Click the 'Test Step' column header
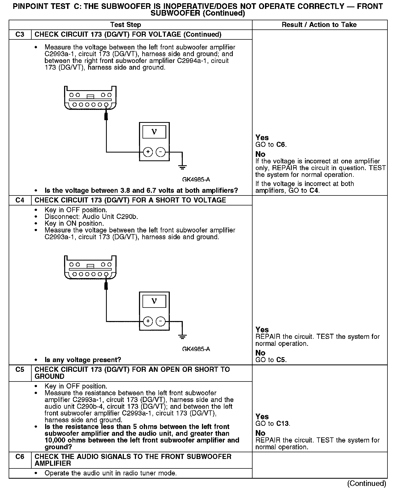tap(126, 25)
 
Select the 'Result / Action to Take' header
tap(319, 25)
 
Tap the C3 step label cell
tap(20, 35)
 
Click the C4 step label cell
tap(20, 200)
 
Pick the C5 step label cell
tap(20, 370)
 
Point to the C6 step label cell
tap(20, 457)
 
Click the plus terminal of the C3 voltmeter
tap(148, 152)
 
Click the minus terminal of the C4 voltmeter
tap(161, 321)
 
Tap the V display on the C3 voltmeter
tap(154, 132)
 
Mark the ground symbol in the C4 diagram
tap(183, 337)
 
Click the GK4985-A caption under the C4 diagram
tap(196, 349)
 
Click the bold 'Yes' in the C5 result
tap(262, 417)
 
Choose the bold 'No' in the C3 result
tap(260, 154)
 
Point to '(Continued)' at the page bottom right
tap(366, 483)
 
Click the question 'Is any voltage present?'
tap(83, 360)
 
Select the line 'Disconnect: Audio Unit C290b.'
tap(91, 217)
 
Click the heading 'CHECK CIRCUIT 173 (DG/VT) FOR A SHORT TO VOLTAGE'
tap(130, 200)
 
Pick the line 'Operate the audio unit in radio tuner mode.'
tap(111, 473)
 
